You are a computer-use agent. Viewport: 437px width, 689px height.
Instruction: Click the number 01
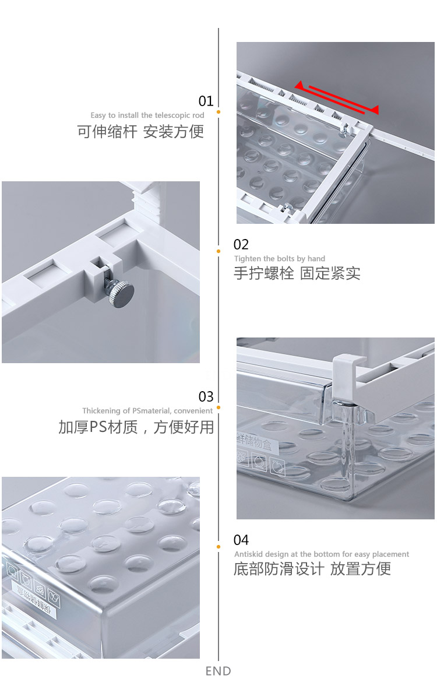(x=206, y=101)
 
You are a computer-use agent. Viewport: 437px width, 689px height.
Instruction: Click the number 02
(x=241, y=244)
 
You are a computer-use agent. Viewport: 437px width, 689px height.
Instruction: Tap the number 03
(x=206, y=397)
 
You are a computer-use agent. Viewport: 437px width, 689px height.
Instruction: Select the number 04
(x=241, y=540)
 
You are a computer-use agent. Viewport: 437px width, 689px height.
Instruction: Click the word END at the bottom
(x=218, y=672)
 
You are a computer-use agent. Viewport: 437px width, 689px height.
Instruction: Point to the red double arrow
(x=337, y=96)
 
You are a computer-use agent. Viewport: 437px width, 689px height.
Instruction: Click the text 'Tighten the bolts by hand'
(x=280, y=259)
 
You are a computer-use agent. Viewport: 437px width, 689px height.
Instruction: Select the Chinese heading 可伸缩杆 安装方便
(x=140, y=131)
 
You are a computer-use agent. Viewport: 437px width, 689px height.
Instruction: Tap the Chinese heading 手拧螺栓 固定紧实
(x=297, y=273)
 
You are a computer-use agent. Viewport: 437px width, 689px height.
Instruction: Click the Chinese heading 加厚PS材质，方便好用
(x=136, y=427)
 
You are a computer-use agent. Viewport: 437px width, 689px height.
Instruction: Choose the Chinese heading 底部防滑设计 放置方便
(x=312, y=569)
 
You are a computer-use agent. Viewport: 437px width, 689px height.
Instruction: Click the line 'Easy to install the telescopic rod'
(x=147, y=115)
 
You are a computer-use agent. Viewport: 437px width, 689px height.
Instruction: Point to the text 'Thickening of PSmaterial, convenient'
(x=147, y=411)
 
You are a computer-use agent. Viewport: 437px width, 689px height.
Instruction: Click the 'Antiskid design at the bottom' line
(x=322, y=554)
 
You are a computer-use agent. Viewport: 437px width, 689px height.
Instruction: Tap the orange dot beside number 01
(x=218, y=111)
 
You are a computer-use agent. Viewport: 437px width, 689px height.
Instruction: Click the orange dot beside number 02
(x=218, y=251)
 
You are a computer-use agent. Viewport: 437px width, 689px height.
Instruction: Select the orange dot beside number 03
(x=218, y=407)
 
